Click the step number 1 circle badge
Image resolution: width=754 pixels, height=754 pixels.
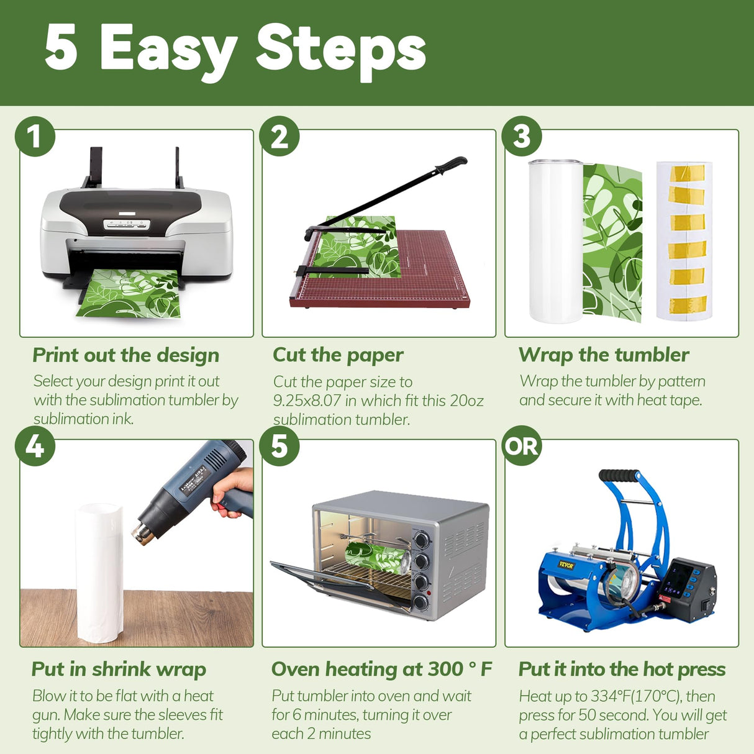35,136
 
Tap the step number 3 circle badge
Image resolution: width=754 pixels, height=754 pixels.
522,136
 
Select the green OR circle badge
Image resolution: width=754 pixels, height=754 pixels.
522,446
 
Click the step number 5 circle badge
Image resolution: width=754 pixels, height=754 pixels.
279,446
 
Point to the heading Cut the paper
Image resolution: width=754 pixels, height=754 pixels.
338,356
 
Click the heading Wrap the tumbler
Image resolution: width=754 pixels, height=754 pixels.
604,355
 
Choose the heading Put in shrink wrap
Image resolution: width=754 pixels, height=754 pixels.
119,670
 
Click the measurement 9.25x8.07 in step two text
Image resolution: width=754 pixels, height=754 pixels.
306,401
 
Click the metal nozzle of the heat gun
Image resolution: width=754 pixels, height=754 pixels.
142,533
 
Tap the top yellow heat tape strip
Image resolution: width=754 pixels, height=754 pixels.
687,173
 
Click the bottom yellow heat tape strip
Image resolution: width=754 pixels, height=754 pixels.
688,305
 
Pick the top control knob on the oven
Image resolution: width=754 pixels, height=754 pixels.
421,540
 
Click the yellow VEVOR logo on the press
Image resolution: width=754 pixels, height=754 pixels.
566,565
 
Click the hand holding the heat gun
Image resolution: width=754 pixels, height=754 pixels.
231,492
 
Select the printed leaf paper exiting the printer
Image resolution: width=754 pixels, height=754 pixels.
129,293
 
